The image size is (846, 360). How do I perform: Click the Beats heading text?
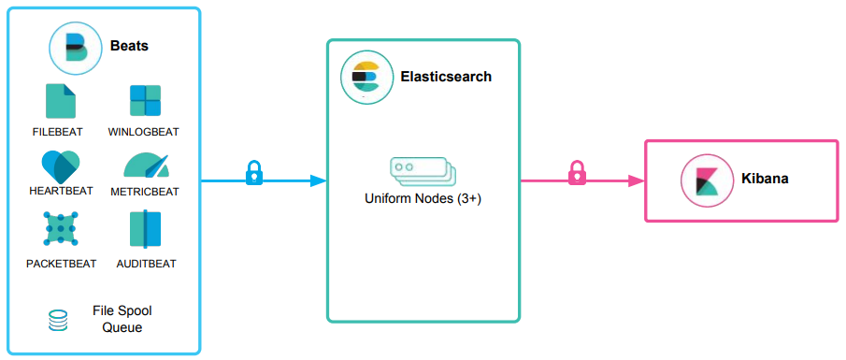click(x=129, y=46)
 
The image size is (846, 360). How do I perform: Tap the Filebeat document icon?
click(x=61, y=101)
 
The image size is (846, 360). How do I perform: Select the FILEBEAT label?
click(x=61, y=132)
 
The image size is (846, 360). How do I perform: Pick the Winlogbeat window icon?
click(x=145, y=101)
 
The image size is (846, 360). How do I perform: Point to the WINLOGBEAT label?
click(x=144, y=132)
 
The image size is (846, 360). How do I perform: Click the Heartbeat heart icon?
click(x=61, y=166)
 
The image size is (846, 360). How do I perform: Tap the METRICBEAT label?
click(x=145, y=192)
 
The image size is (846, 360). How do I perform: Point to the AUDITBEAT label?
click(x=145, y=264)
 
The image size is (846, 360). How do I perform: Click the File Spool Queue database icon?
click(x=58, y=321)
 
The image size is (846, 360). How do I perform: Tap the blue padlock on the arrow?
click(x=253, y=173)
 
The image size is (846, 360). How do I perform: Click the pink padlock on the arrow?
click(x=578, y=172)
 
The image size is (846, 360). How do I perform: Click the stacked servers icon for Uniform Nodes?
click(x=422, y=172)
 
